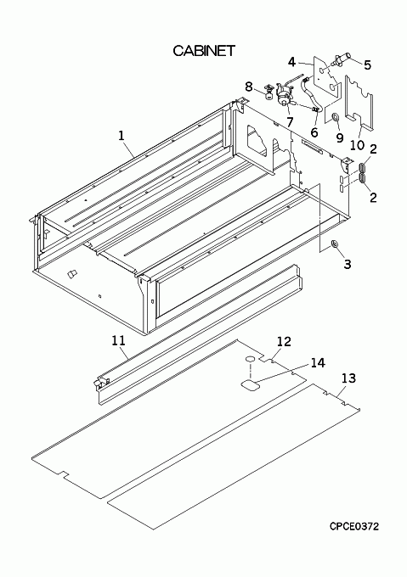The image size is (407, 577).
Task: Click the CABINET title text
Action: click(204, 51)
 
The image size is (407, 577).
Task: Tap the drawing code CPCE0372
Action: click(354, 527)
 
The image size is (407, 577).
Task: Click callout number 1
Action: click(122, 136)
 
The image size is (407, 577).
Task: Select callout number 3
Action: click(348, 264)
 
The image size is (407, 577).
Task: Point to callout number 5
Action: click(367, 65)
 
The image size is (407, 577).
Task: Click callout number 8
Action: click(249, 87)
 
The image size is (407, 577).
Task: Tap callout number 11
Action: click(119, 340)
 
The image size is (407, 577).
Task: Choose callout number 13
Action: click(348, 378)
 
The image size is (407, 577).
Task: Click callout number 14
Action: click(318, 362)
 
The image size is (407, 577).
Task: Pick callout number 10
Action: click(357, 144)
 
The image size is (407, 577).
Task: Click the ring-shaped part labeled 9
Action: click(336, 118)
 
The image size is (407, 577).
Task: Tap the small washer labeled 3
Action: click(335, 244)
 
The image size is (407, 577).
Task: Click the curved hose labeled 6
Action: click(312, 95)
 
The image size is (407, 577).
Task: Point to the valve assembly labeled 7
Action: click(285, 94)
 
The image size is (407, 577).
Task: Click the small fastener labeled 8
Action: click(269, 92)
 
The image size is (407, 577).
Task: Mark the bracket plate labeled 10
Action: click(359, 103)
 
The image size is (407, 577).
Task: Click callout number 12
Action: click(284, 341)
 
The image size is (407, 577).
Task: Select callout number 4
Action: click(291, 62)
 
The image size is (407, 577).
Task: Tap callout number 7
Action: click(291, 122)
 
